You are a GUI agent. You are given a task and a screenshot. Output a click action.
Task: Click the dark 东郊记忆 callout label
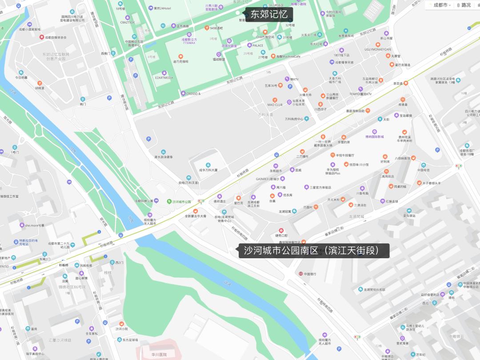pos(269,14)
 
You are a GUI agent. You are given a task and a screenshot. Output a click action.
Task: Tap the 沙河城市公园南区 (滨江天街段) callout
pos(314,251)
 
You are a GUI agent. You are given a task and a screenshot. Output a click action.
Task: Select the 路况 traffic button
pos(463,5)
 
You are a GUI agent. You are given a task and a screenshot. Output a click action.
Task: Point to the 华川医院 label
pos(158,355)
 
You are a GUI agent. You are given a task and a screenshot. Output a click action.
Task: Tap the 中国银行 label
pos(310,274)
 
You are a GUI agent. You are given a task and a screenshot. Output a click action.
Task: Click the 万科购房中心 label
pos(294,119)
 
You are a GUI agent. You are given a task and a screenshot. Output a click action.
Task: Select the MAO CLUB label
pos(275,104)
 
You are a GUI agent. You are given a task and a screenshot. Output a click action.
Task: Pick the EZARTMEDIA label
pos(164,77)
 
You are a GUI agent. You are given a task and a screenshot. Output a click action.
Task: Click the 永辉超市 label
pos(276,170)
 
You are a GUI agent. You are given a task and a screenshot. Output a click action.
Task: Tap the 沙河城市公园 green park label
pos(181,201)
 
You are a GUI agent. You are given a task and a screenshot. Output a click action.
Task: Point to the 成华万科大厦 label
pos(208,170)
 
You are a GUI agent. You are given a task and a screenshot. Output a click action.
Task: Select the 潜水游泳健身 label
pos(163,156)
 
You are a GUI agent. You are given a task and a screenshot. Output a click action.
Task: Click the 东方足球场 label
pos(128,340)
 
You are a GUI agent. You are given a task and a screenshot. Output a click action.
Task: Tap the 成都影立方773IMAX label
pos(188,41)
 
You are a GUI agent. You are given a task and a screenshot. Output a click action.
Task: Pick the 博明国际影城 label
pos(374,136)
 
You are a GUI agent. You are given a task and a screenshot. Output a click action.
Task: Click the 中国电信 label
pos(423,170)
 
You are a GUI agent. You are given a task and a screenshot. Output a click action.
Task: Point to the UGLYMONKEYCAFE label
pos(378,49)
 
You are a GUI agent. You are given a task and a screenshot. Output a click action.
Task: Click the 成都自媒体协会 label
pos(56,37)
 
